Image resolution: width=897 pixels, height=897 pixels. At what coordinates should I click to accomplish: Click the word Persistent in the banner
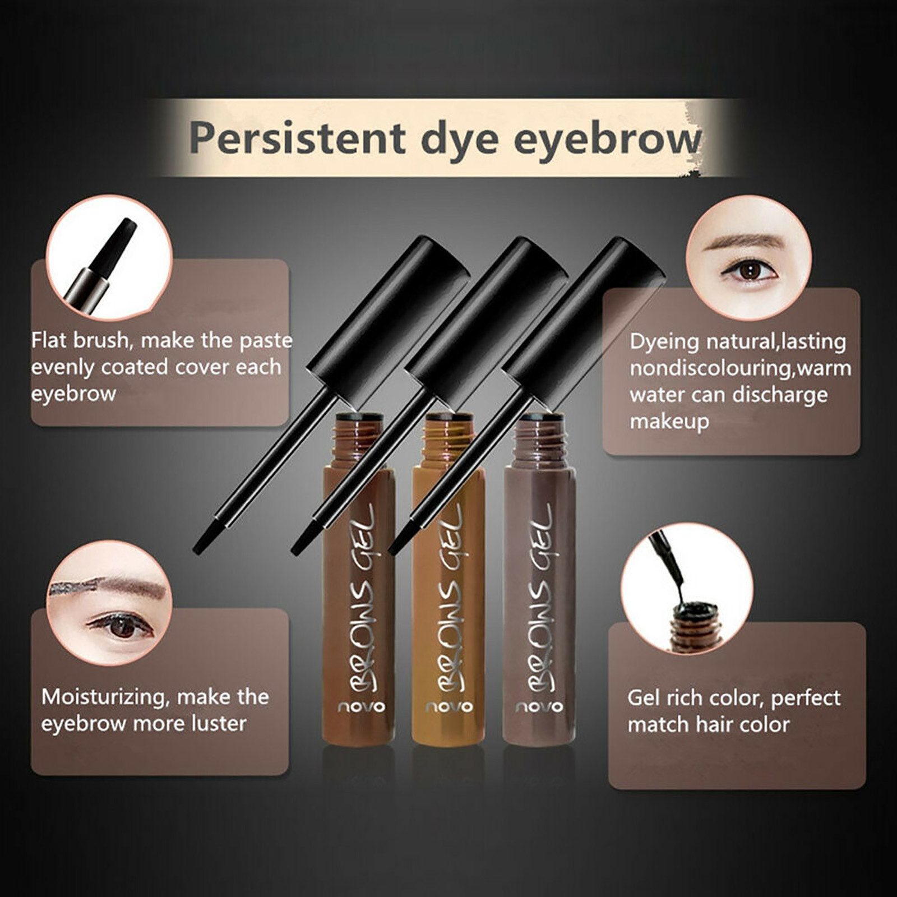pyautogui.click(x=298, y=138)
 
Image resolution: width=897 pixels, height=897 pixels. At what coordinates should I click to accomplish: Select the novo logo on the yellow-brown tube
pyautogui.click(x=449, y=706)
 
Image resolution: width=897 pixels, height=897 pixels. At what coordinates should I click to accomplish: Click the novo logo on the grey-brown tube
pyautogui.click(x=539, y=706)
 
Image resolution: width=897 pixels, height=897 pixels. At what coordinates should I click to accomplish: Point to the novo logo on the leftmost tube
pyautogui.click(x=362, y=706)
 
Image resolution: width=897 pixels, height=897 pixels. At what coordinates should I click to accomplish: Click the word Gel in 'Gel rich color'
pyautogui.click(x=644, y=698)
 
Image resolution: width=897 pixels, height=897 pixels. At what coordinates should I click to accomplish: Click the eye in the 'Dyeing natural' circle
pyautogui.click(x=750, y=271)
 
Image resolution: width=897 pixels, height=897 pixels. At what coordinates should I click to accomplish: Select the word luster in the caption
pyautogui.click(x=218, y=724)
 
